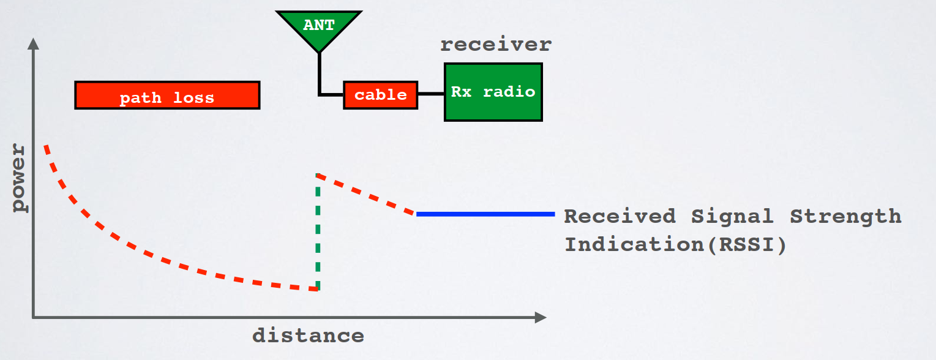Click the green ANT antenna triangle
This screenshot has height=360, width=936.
(x=319, y=28)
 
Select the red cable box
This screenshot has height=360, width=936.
(x=380, y=95)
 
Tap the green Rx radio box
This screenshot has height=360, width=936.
(x=493, y=92)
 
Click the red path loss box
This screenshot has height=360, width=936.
(x=167, y=96)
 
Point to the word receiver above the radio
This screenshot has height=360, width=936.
(x=496, y=45)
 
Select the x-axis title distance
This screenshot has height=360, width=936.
(x=308, y=336)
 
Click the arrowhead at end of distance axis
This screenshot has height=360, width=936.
(x=540, y=317)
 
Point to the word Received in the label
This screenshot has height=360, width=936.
(x=620, y=216)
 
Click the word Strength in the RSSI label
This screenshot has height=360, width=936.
(x=845, y=216)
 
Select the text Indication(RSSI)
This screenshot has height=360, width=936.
(x=675, y=244)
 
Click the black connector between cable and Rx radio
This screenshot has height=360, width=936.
(x=431, y=94)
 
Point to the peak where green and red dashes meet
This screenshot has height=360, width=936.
(x=317, y=175)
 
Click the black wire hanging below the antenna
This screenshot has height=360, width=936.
(x=320, y=73)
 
